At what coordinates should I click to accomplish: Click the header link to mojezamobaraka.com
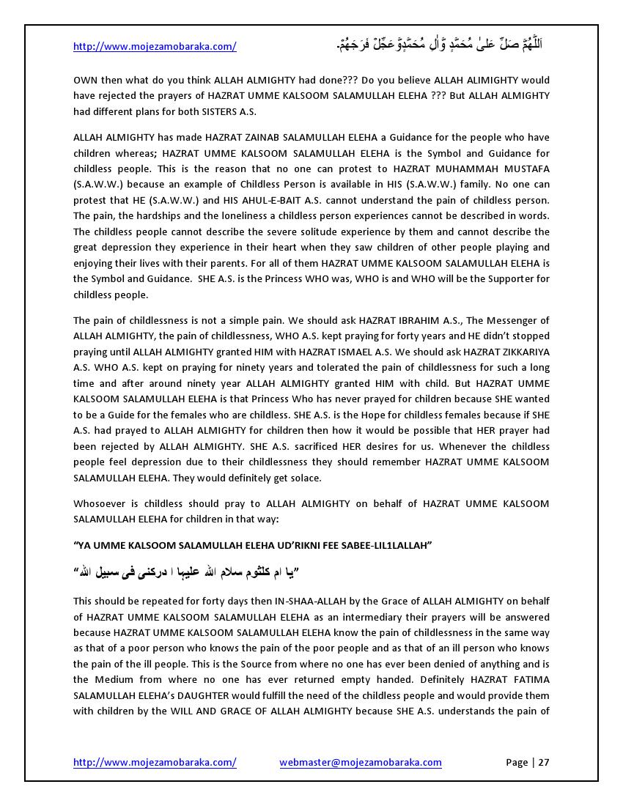(x=155, y=46)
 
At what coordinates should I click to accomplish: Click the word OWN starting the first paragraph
(x=84, y=80)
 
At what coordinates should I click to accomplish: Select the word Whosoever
(x=98, y=503)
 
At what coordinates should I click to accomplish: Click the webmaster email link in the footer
(x=360, y=762)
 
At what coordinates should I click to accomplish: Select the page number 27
(x=543, y=762)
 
